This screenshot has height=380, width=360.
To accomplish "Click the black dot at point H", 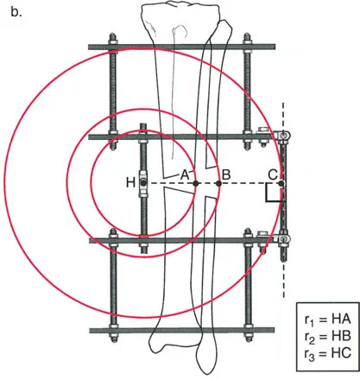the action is [x=143, y=183].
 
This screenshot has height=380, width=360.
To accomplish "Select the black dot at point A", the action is [x=196, y=183].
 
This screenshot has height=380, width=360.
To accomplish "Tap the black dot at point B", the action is [x=218, y=183].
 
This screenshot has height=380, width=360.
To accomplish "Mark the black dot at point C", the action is [x=281, y=183].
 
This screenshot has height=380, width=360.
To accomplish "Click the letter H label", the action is [x=131, y=183].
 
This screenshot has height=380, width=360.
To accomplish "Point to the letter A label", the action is [x=185, y=174].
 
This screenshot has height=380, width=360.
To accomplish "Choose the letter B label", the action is [x=226, y=174].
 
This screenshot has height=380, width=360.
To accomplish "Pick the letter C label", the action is [x=273, y=174].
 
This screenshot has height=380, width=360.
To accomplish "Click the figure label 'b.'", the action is [x=16, y=12].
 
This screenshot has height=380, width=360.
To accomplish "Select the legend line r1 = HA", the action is [x=328, y=320].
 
